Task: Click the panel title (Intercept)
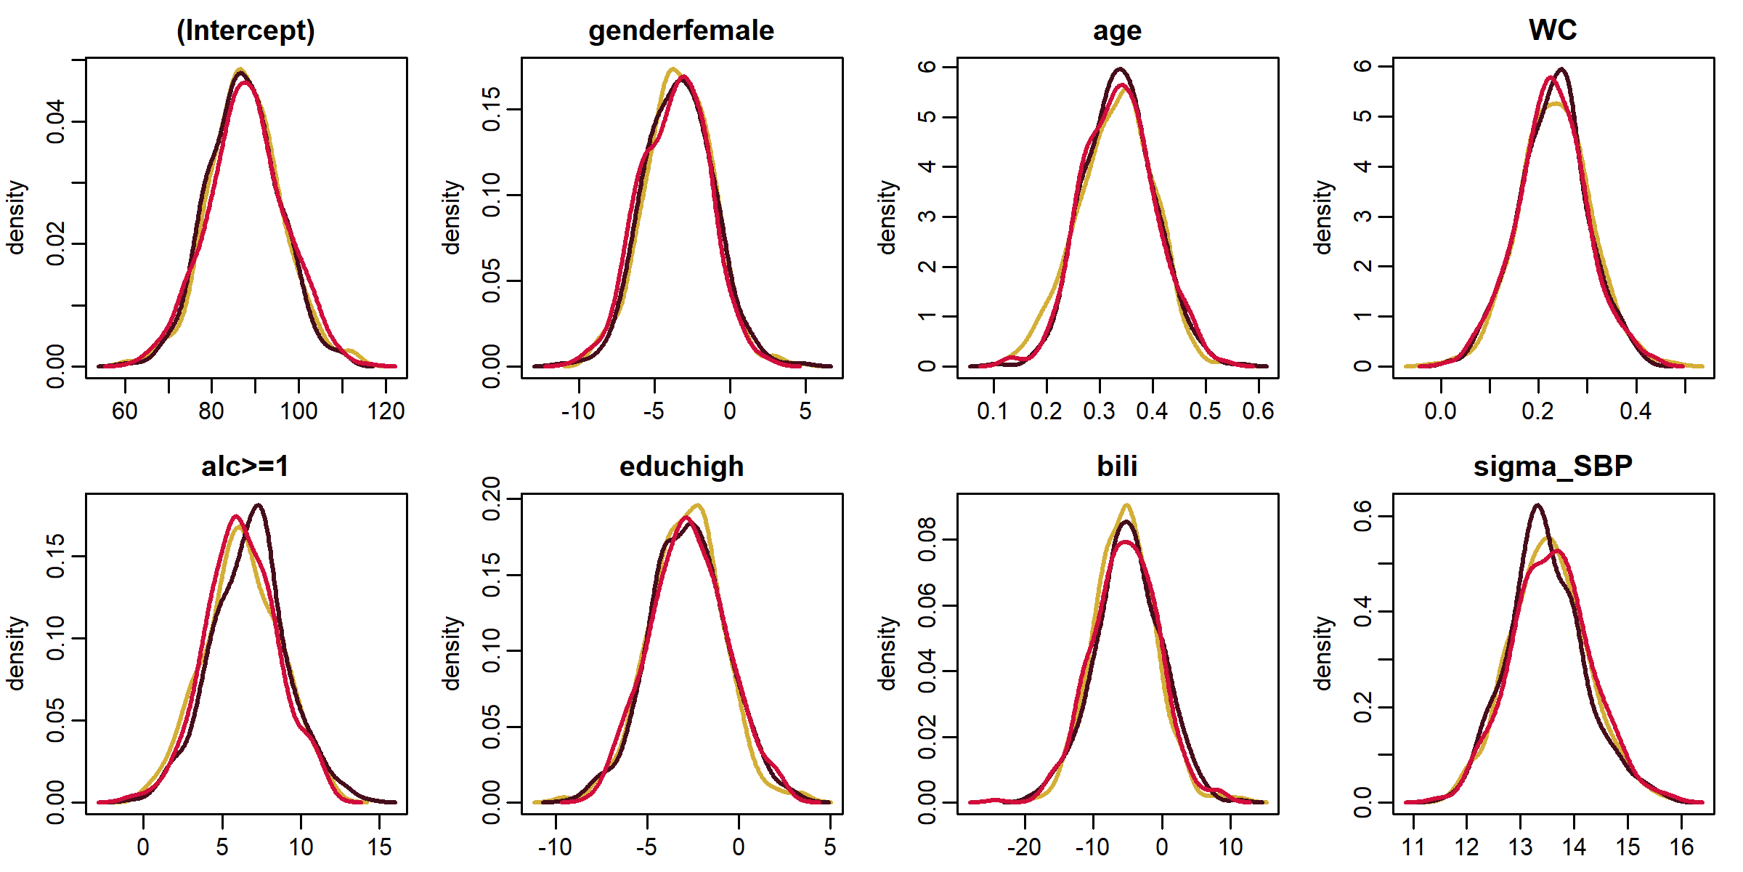click(245, 31)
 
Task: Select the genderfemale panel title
click(681, 31)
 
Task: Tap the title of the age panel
click(1117, 31)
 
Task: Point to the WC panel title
click(1553, 30)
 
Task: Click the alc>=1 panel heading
click(245, 467)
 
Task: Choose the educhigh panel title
click(681, 467)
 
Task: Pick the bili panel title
click(1117, 467)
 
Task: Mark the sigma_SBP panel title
click(1553, 467)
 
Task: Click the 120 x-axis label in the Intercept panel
click(386, 411)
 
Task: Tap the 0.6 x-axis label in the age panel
click(1258, 411)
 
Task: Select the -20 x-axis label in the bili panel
click(1024, 847)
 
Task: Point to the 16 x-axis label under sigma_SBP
click(1681, 847)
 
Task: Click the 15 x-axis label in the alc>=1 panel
click(380, 847)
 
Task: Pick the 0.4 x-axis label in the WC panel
click(1636, 411)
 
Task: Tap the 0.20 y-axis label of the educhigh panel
click(492, 499)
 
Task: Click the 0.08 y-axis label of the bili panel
click(927, 540)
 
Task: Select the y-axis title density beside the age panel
click(887, 218)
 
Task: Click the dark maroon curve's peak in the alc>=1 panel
click(259, 505)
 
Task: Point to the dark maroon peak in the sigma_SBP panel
click(1537, 505)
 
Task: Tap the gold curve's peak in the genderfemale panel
click(673, 69)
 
